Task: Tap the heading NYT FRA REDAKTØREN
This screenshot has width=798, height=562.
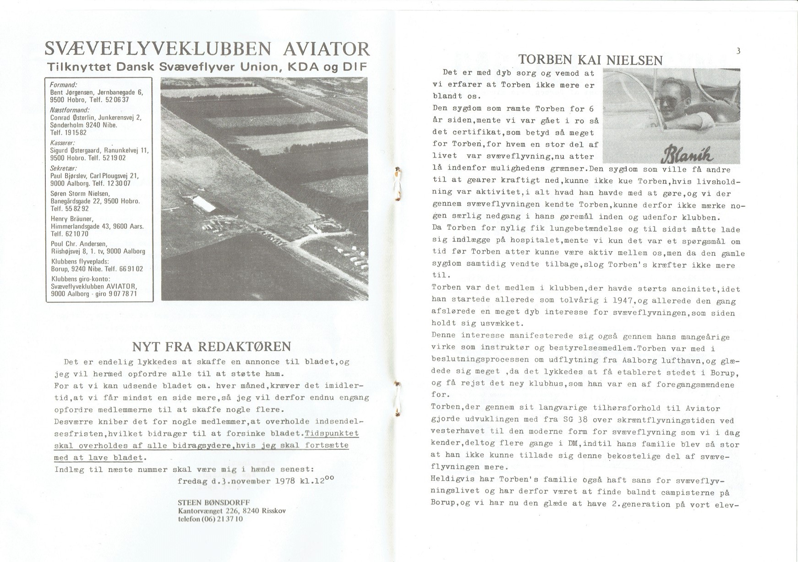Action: coord(212,346)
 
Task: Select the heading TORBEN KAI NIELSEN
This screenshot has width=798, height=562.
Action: coord(590,60)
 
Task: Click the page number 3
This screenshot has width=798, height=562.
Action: coord(738,51)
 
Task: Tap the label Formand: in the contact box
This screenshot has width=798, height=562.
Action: coord(63,85)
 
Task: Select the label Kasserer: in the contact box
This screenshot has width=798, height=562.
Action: coord(62,143)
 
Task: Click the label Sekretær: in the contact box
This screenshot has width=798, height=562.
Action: coord(63,168)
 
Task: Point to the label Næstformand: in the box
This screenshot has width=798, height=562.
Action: coord(69,110)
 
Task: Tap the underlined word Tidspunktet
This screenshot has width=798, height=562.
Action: coord(332,433)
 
